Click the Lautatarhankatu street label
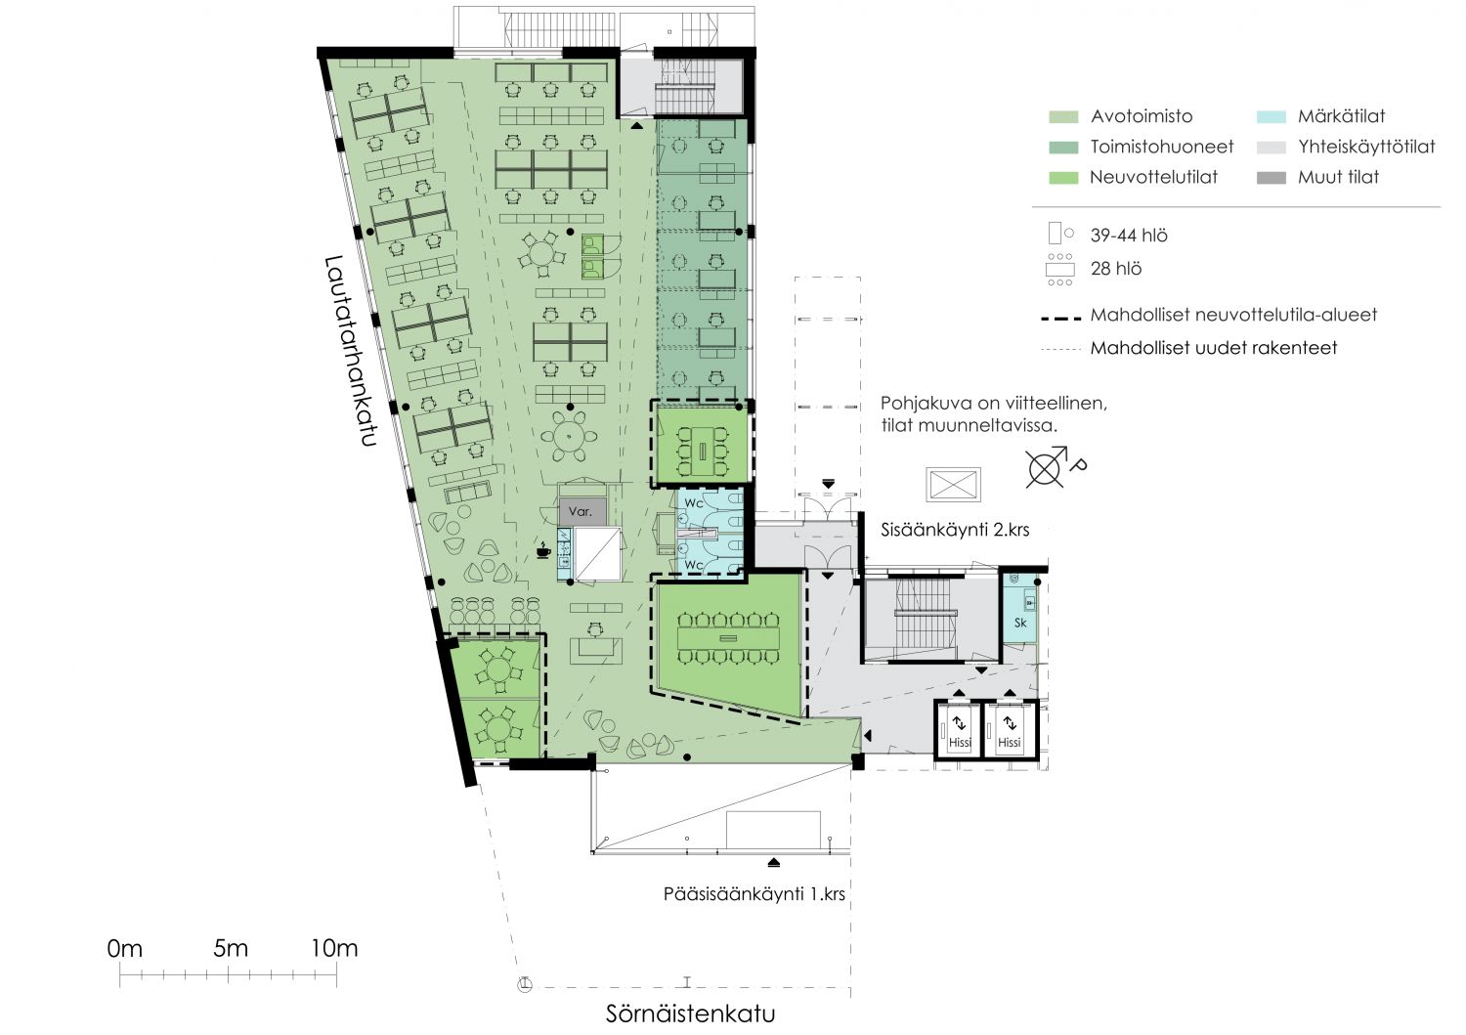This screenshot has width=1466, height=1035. (351, 351)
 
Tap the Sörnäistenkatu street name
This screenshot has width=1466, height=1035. (690, 1013)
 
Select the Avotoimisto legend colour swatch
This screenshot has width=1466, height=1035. (1063, 117)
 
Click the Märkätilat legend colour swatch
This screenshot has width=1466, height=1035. (1271, 117)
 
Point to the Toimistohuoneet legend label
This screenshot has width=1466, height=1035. (1162, 147)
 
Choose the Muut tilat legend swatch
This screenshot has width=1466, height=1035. (1271, 178)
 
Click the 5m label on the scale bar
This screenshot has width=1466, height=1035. (231, 948)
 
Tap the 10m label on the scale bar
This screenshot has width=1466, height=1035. (334, 948)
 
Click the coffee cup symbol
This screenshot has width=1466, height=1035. (543, 550)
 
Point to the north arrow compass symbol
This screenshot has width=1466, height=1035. (1049, 467)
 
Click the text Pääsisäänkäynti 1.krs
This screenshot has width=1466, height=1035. (754, 894)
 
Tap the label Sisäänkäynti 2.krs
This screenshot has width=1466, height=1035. (955, 530)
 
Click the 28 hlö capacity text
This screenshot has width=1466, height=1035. (1116, 269)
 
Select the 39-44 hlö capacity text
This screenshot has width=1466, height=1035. (1129, 236)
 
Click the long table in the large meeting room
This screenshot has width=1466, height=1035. (728, 637)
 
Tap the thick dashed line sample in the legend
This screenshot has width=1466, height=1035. (1060, 319)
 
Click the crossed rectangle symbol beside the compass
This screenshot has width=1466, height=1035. (954, 485)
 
